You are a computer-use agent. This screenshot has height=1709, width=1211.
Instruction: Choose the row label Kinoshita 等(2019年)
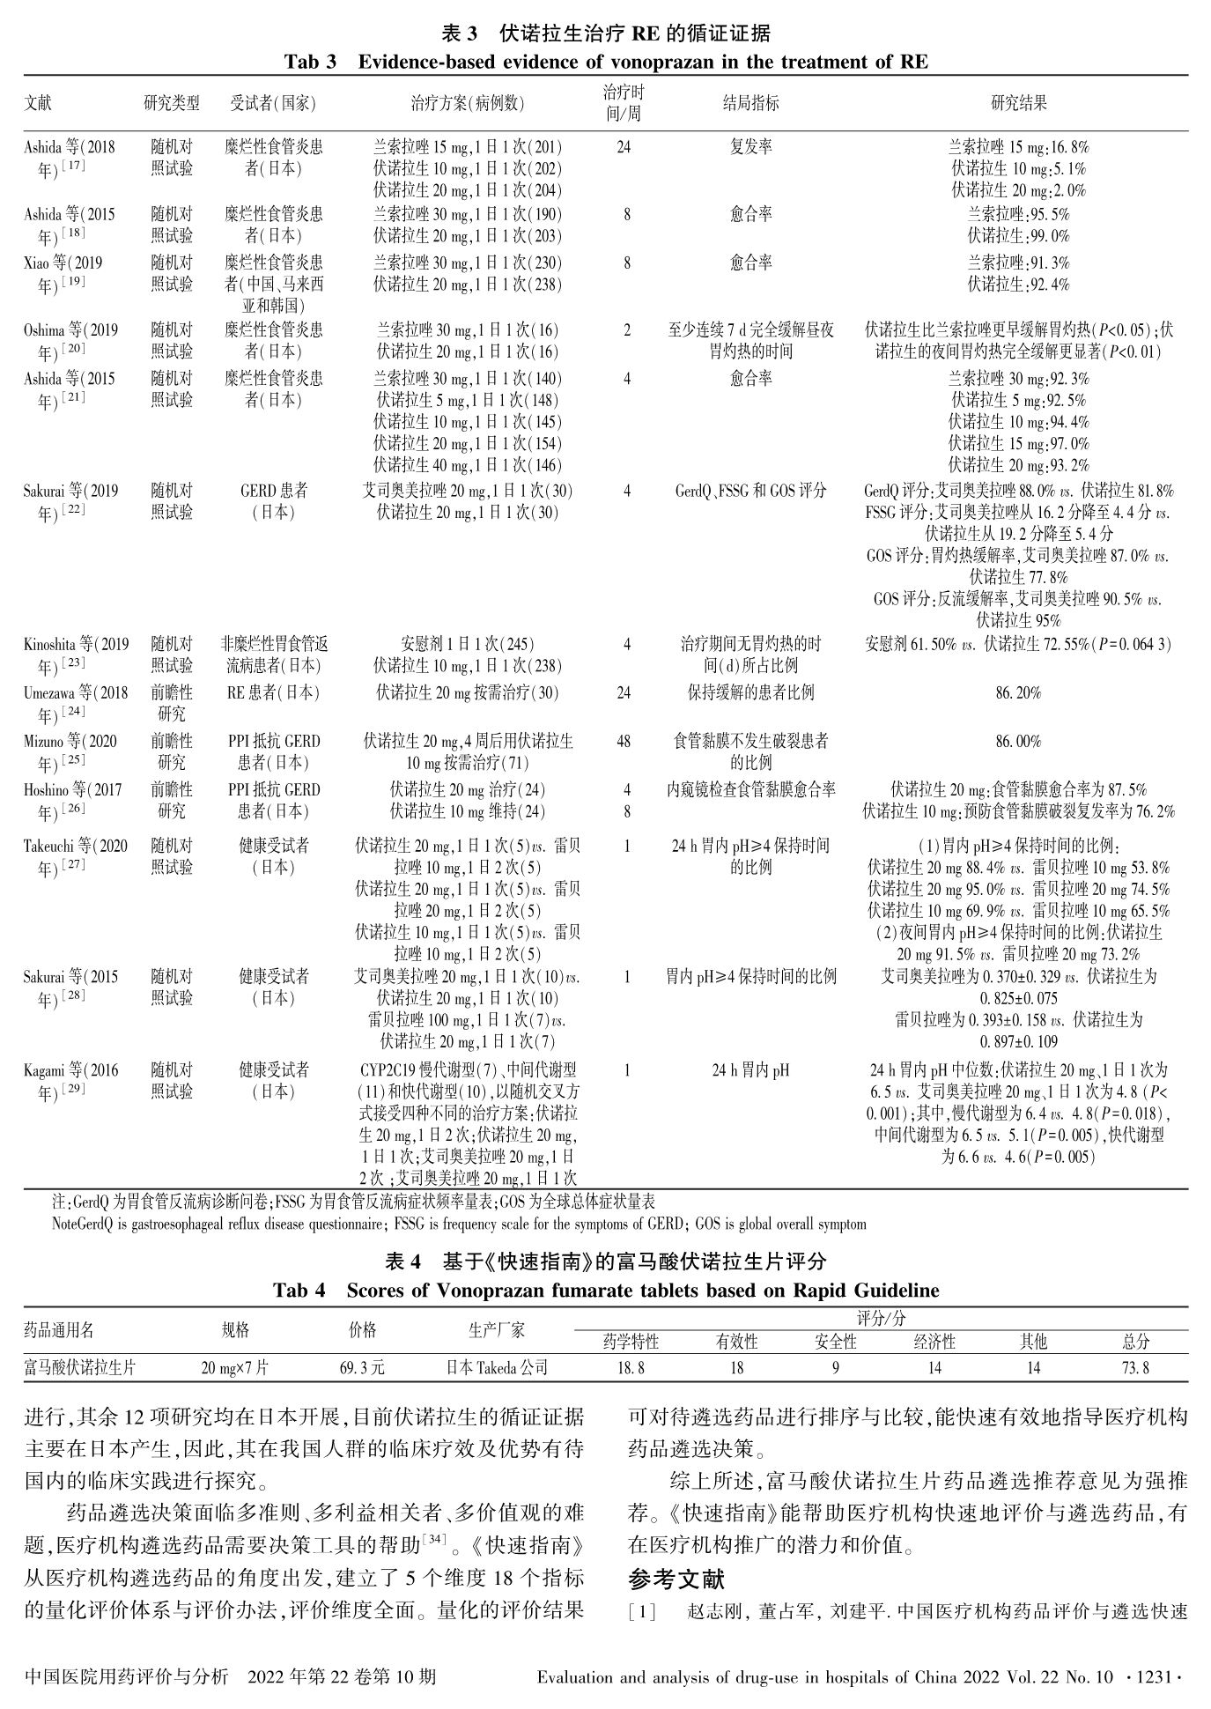click(75, 655)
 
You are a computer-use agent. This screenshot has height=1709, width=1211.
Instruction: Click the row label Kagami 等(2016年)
click(67, 1081)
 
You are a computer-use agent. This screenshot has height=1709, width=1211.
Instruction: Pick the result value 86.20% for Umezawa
click(1018, 692)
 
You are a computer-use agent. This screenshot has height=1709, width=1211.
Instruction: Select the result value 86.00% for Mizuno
click(1018, 742)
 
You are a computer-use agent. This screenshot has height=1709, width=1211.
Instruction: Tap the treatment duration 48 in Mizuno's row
click(624, 742)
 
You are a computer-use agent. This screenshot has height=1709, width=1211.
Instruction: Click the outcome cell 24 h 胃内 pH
click(750, 1070)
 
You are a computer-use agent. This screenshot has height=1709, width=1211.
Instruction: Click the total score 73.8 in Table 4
click(1135, 1368)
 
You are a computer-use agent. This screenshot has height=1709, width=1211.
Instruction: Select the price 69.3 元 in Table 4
click(362, 1368)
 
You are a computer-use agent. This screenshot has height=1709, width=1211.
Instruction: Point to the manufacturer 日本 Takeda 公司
click(497, 1368)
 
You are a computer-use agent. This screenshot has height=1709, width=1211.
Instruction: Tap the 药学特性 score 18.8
click(630, 1368)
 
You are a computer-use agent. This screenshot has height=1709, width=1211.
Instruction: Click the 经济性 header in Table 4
click(934, 1343)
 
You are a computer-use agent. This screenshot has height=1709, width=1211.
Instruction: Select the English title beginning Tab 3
click(605, 62)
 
